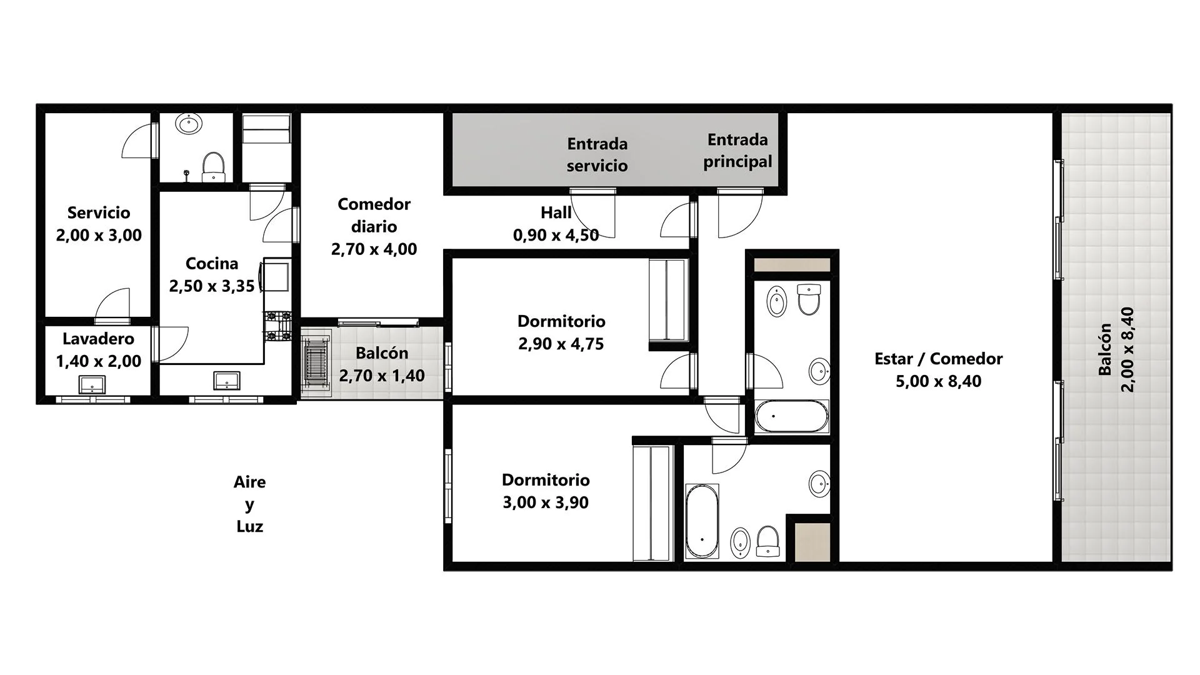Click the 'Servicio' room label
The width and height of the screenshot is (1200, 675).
point(99,213)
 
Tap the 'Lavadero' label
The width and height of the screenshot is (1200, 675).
point(98,339)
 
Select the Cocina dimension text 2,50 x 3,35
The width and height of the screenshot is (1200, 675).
point(212,286)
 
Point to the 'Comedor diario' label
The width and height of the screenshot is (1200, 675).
point(374,215)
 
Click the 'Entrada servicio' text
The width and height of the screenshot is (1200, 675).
point(597,154)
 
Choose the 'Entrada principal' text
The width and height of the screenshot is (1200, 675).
point(737,151)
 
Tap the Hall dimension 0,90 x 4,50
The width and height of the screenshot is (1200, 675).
point(556,235)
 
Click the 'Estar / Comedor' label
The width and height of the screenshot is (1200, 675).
point(938,359)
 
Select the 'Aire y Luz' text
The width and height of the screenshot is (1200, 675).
point(249,504)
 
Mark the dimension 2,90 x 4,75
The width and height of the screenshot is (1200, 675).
point(561,344)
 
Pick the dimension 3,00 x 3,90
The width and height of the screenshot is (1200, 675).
point(546,502)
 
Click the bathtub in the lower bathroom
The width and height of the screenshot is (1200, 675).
point(702,521)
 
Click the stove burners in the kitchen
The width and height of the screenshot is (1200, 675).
point(278,326)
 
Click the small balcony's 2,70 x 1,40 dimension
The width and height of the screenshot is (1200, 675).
point(382,376)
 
